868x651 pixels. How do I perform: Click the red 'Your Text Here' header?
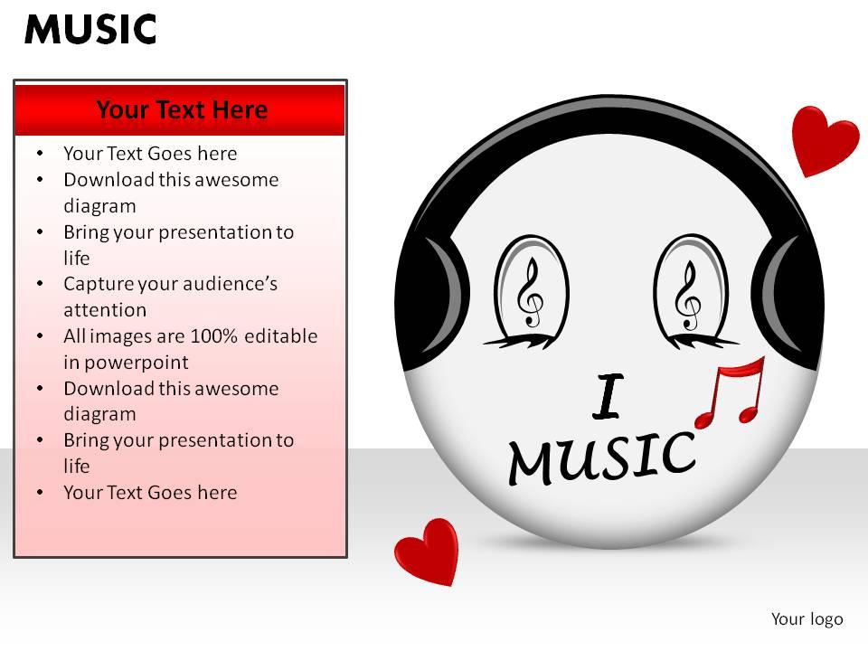click(x=181, y=110)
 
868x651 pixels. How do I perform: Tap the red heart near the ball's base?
click(x=428, y=549)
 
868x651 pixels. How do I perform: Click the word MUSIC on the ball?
click(x=601, y=457)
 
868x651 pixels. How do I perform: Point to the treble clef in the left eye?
click(x=530, y=293)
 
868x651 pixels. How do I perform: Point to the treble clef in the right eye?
click(x=689, y=295)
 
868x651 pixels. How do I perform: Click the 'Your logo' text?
click(x=807, y=619)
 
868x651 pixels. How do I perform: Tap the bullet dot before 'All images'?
click(x=40, y=336)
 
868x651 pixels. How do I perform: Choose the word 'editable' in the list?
click(x=281, y=336)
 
